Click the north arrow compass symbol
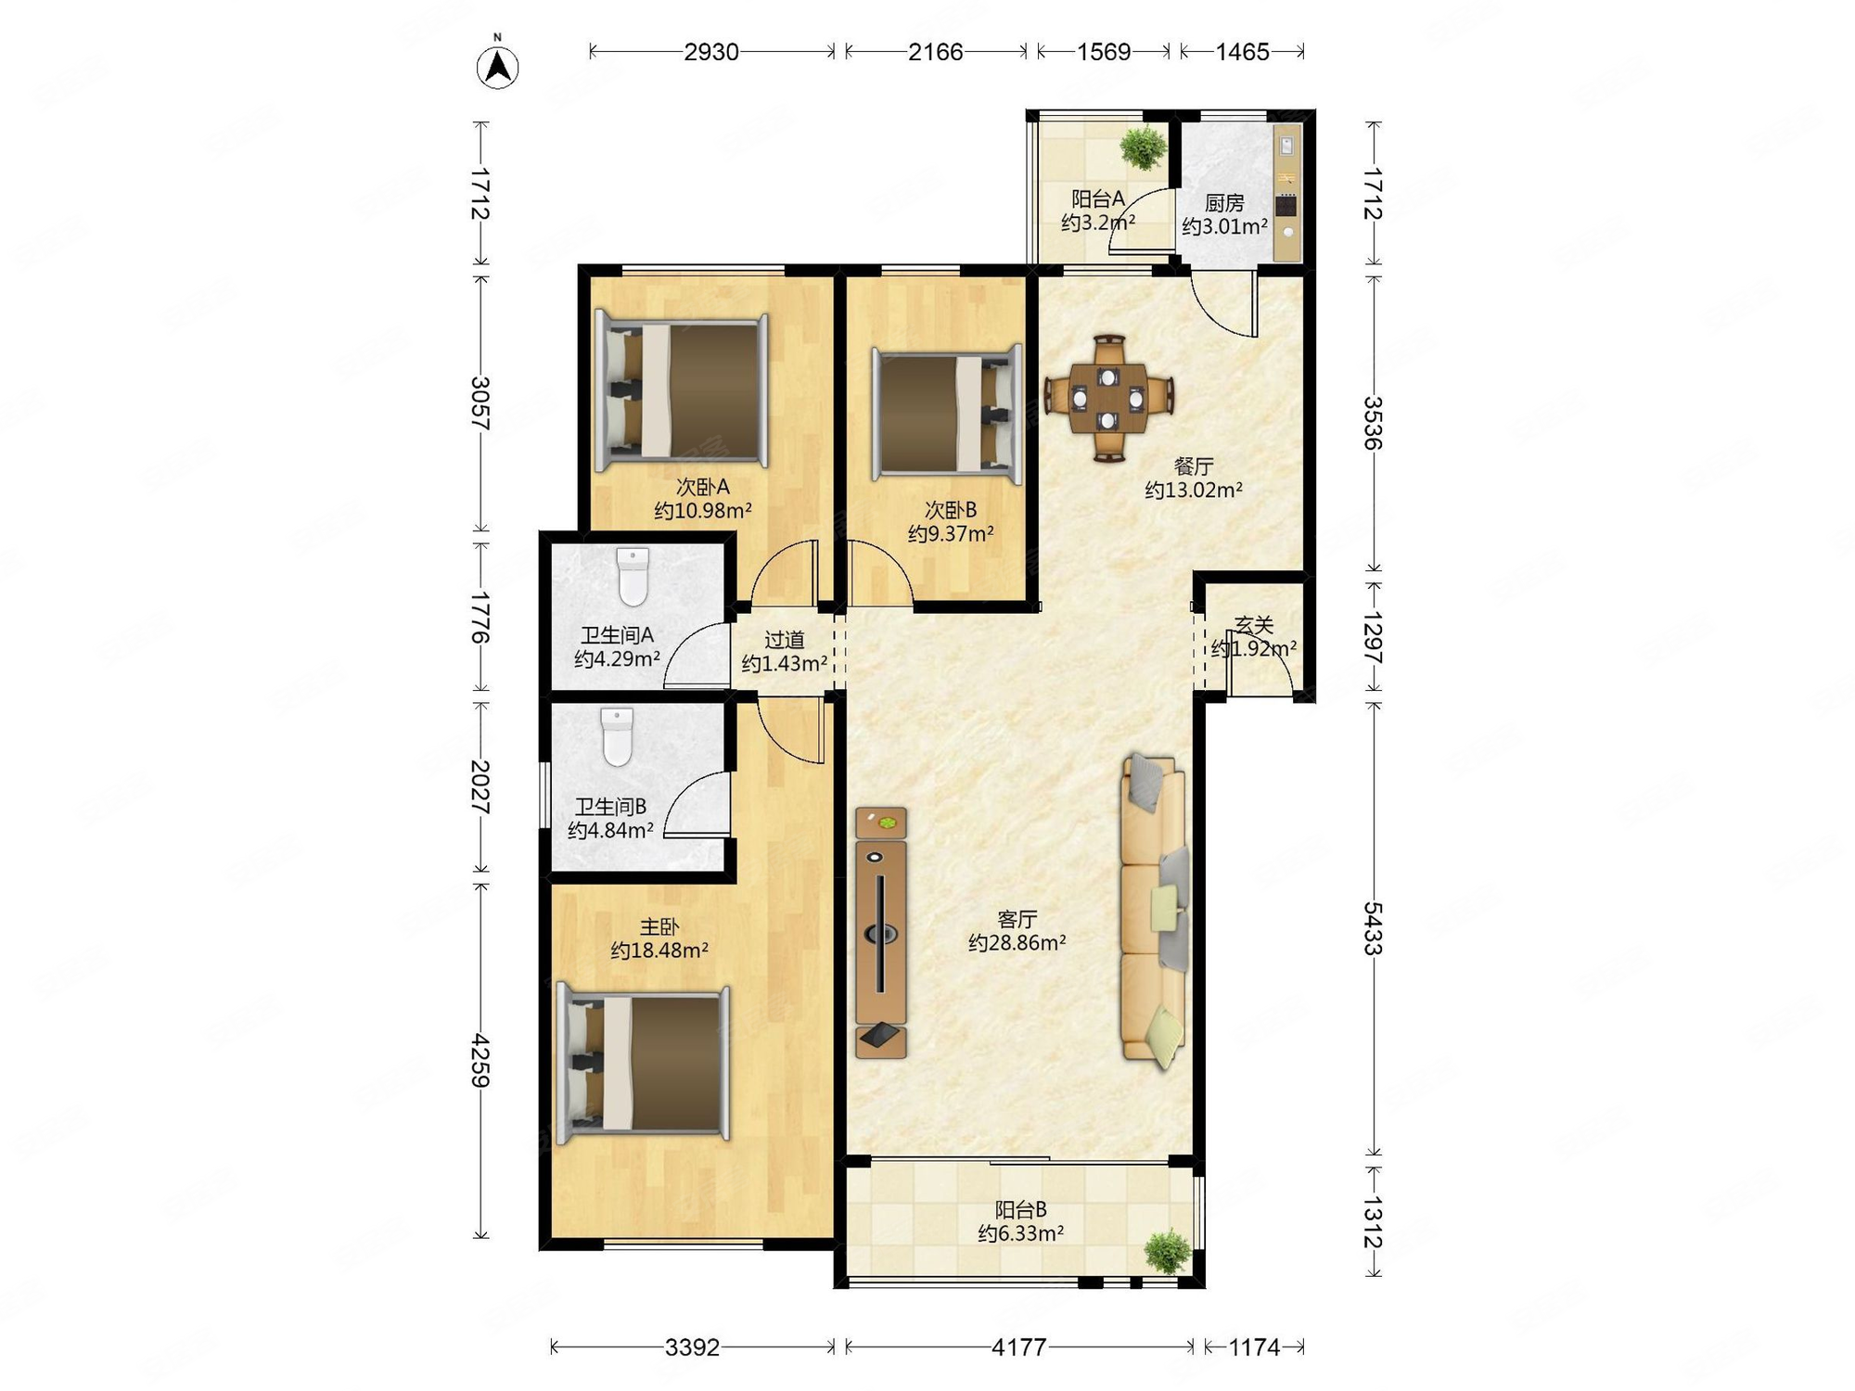(498, 65)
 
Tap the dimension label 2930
(711, 52)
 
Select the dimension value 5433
(1373, 928)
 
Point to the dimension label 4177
(1019, 1346)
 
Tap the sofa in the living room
(1154, 909)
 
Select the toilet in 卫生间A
(633, 576)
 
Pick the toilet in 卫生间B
(617, 737)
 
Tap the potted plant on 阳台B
(1168, 1251)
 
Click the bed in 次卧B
(947, 415)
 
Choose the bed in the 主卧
(643, 1063)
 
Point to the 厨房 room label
(1224, 203)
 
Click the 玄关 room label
(1254, 626)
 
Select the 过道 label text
(785, 640)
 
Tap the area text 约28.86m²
(1017, 943)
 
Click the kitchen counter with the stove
(1286, 194)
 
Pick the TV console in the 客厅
(881, 932)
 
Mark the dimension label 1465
(1242, 52)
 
